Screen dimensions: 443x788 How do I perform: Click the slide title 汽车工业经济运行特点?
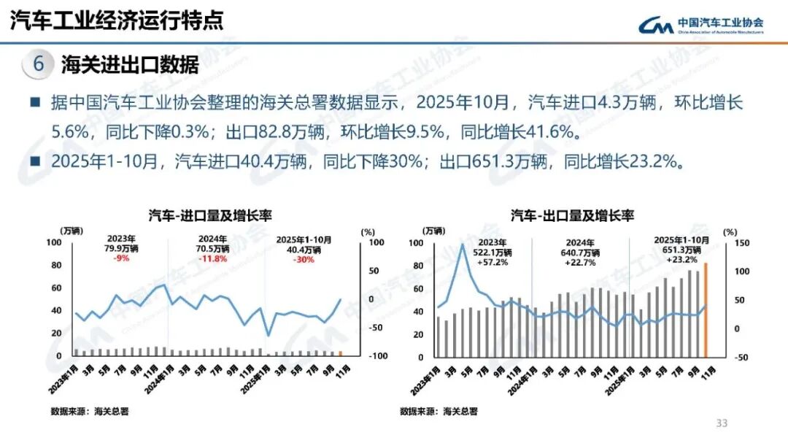click(116, 20)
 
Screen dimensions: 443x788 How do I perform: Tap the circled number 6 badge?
click(39, 64)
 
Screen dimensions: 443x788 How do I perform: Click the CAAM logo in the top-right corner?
click(700, 26)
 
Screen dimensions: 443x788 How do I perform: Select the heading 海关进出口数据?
click(130, 64)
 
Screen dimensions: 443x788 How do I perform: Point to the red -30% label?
click(304, 259)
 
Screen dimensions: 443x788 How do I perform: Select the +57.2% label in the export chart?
click(490, 261)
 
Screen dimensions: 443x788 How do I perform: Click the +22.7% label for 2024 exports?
click(582, 262)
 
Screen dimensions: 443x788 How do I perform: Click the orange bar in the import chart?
click(340, 353)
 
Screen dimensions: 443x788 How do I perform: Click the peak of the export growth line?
click(462, 244)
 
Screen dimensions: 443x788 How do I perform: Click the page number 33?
click(722, 423)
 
